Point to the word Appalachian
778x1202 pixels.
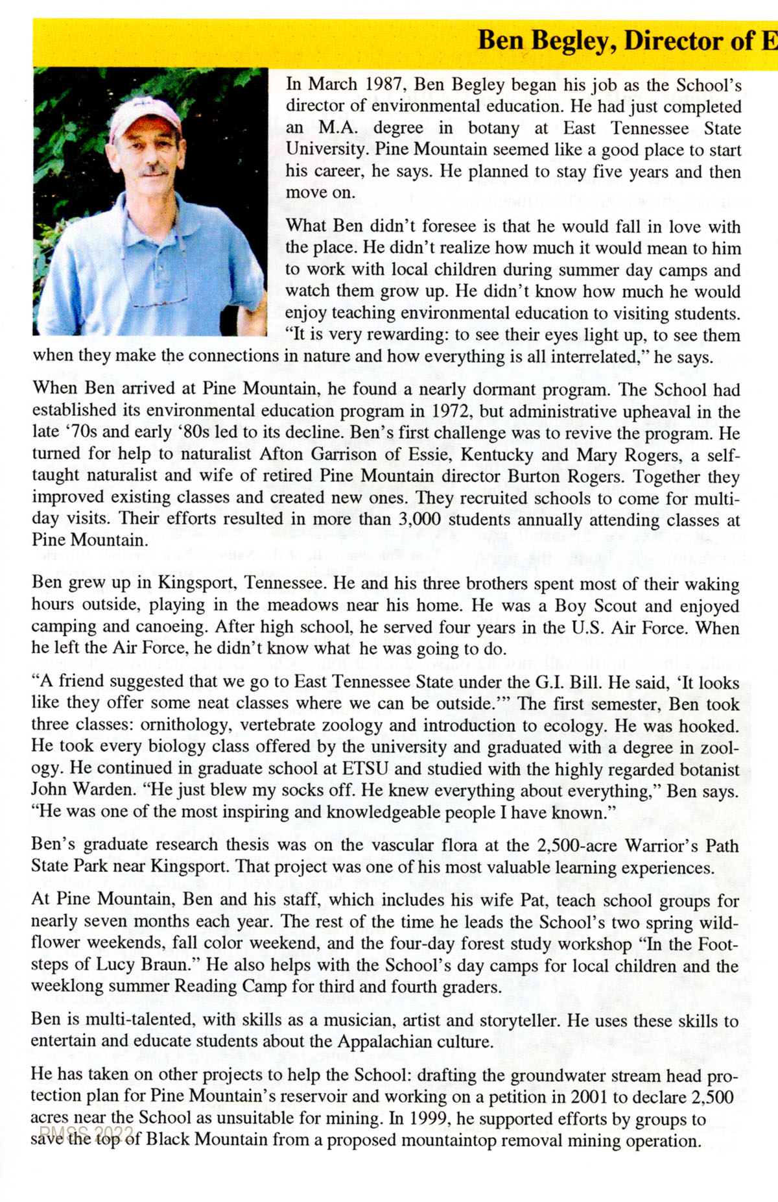click(x=392, y=1042)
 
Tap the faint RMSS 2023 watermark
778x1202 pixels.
click(x=86, y=1133)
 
